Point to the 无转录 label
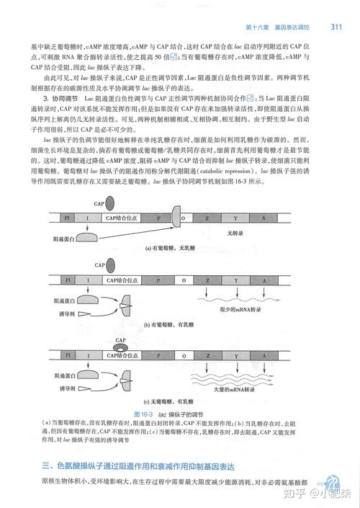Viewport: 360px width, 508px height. [x=236, y=233]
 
